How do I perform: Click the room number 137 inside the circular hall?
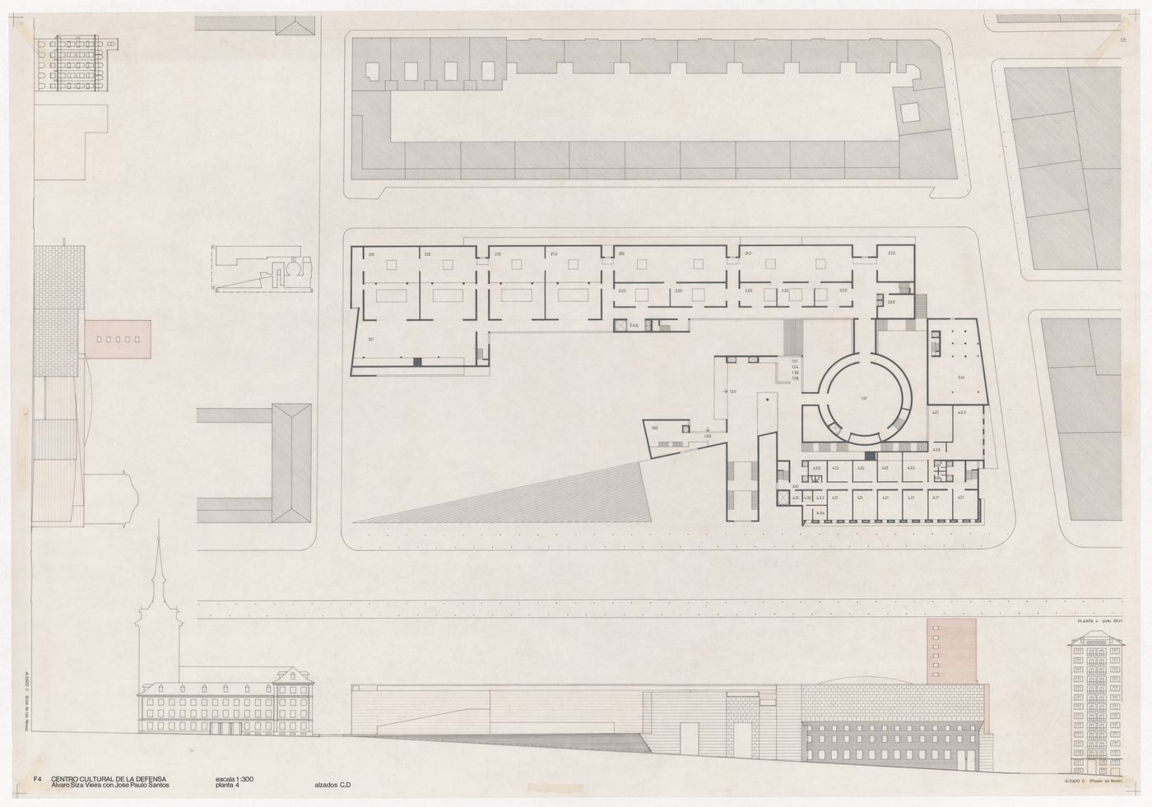(x=863, y=398)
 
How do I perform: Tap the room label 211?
(x=371, y=339)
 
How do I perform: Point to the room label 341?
(x=960, y=378)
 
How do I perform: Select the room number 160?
(x=655, y=429)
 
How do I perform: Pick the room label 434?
(x=819, y=513)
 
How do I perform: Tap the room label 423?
(x=961, y=410)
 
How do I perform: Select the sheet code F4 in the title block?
(x=37, y=778)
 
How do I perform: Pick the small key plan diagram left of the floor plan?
(x=263, y=267)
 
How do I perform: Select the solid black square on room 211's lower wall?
(x=417, y=362)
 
